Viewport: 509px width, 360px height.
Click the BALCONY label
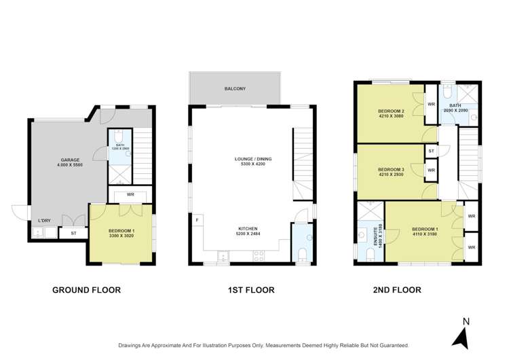tap(235, 89)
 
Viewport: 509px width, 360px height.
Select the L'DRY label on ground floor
tap(45, 221)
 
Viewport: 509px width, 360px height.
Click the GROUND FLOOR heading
tap(86, 290)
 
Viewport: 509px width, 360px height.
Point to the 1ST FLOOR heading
tap(250, 290)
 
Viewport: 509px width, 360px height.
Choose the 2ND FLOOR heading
tap(396, 290)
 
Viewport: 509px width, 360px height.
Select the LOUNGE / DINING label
tap(249, 160)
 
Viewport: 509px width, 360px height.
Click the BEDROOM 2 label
tap(391, 111)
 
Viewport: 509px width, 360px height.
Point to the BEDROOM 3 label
tap(391, 169)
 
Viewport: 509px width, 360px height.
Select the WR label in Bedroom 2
tap(431, 104)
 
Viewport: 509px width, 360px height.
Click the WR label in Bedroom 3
tap(431, 169)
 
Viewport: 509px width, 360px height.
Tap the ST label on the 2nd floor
tap(431, 151)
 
